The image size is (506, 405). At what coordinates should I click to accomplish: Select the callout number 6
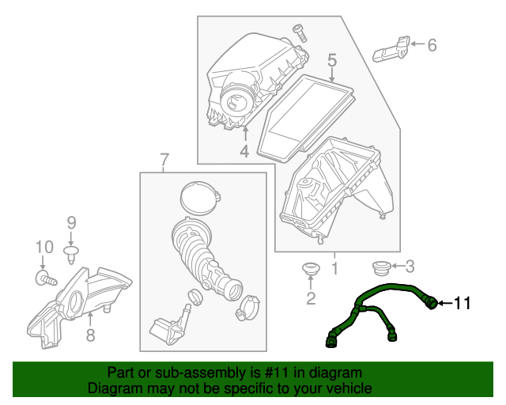tap(432, 45)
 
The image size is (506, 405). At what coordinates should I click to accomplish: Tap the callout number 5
tap(332, 59)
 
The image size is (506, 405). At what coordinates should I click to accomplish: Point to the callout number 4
tap(244, 150)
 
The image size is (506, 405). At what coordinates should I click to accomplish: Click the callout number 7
tap(164, 161)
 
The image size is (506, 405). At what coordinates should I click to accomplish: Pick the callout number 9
tap(70, 222)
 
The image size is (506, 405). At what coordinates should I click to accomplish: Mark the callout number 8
tap(90, 335)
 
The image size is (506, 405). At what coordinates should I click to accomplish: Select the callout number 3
tap(410, 266)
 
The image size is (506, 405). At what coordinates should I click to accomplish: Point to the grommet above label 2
tap(310, 269)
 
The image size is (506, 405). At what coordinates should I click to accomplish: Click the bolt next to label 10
tap(46, 279)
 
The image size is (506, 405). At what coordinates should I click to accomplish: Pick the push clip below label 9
tap(70, 252)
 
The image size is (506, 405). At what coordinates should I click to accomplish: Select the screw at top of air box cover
tap(300, 32)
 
